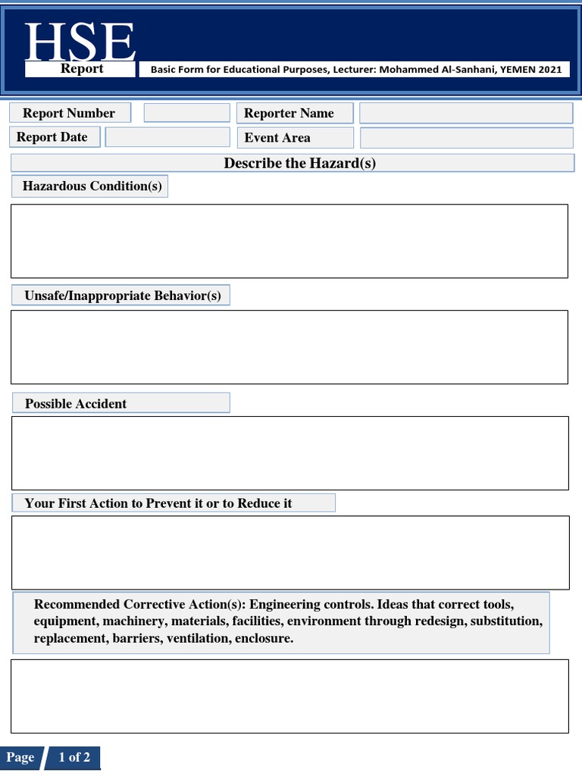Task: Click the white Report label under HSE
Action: point(82,69)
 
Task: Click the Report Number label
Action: point(69,113)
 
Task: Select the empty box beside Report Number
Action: point(186,113)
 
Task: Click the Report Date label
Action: point(52,137)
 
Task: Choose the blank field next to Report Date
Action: point(167,137)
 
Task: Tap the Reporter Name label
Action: point(289,113)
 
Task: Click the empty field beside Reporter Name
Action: point(465,113)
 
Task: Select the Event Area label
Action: point(277,138)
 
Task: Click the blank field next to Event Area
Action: point(466,138)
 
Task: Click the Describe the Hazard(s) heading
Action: point(299,163)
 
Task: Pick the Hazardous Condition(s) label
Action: point(92,186)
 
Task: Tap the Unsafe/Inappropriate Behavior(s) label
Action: point(123,296)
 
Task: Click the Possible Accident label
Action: point(76,404)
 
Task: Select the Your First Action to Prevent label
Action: point(158,503)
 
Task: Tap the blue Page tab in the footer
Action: point(20,758)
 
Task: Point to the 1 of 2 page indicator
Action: point(74,758)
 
